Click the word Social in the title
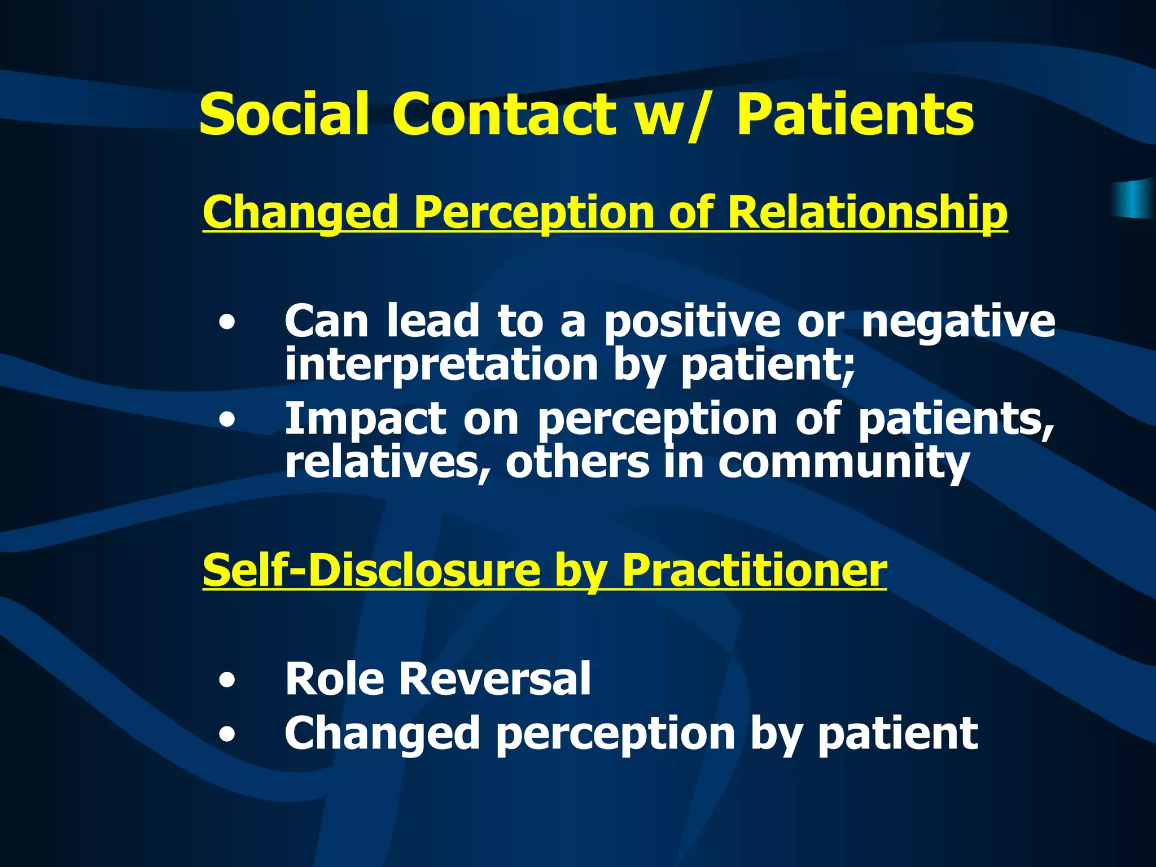coord(284,115)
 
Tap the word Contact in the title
coord(504,115)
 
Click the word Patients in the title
coord(855,115)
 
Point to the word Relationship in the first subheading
coord(867,213)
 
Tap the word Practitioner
coord(754,570)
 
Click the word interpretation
coord(441,366)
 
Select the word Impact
coord(365,420)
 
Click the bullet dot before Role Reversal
coord(227,681)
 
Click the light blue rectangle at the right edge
coord(1135,199)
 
